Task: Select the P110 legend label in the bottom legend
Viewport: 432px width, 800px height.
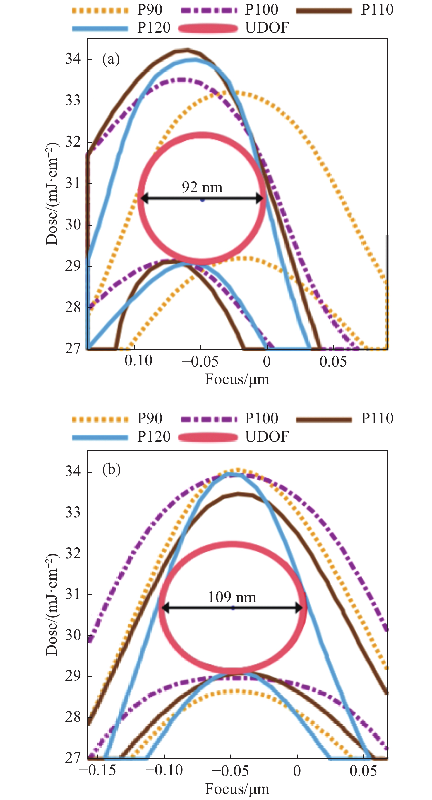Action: tap(377, 418)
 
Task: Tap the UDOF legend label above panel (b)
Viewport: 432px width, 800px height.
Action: tap(267, 437)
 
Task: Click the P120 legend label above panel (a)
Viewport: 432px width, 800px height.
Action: tap(154, 28)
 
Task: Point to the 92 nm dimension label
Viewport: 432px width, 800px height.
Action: tap(202, 187)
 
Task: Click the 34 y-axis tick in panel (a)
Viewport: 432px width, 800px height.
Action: tap(73, 59)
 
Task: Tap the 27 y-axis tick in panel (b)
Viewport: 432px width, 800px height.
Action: tap(73, 758)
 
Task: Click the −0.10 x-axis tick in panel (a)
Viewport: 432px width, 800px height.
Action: tap(134, 361)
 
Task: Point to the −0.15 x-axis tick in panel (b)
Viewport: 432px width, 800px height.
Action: tap(97, 771)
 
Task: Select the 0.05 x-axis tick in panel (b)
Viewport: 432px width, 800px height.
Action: tap(363, 771)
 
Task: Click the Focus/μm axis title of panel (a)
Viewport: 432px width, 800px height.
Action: tap(237, 379)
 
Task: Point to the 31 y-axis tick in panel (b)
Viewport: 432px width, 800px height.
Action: tap(73, 594)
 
